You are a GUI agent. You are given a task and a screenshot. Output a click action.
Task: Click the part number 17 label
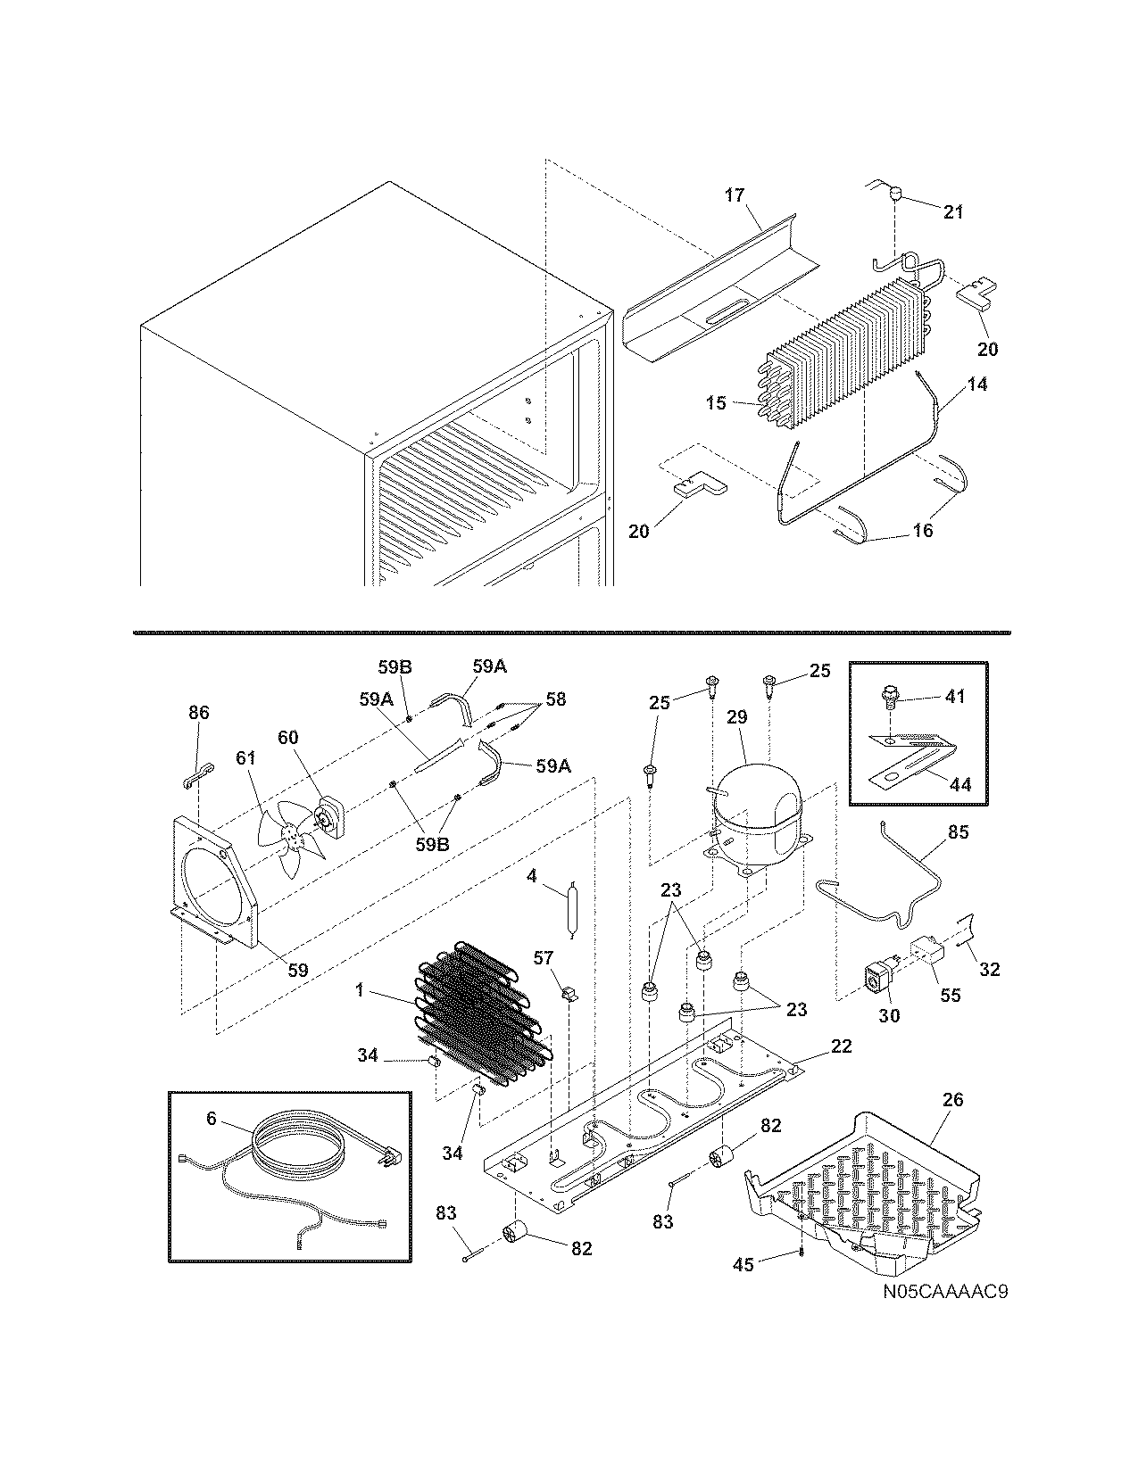pyautogui.click(x=734, y=194)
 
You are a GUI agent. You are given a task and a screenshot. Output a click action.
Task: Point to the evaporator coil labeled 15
pyautogui.click(x=839, y=357)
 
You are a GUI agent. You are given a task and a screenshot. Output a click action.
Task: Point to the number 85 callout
pyautogui.click(x=958, y=832)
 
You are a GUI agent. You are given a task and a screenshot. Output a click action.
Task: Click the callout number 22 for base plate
pyautogui.click(x=840, y=1046)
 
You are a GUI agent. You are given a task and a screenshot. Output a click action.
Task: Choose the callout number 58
pyautogui.click(x=556, y=699)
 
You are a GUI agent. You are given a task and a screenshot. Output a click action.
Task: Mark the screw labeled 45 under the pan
pyautogui.click(x=803, y=1253)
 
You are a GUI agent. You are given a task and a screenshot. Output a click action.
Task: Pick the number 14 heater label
pyautogui.click(x=976, y=385)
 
